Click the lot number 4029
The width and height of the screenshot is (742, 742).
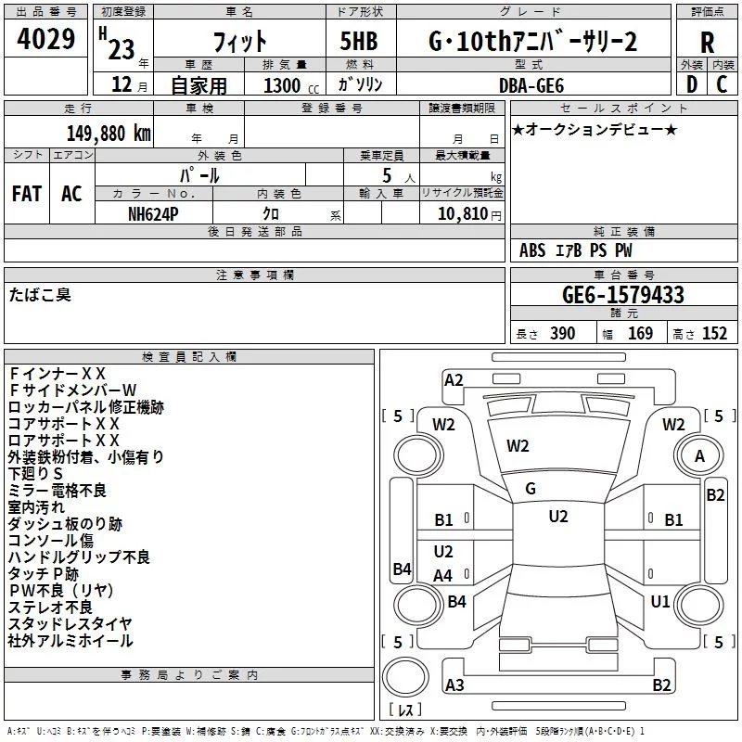click(x=46, y=41)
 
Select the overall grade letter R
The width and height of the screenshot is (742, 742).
click(x=707, y=42)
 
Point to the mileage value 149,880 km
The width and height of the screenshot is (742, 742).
click(x=109, y=133)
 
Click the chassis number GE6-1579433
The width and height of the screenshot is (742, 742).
click(x=623, y=295)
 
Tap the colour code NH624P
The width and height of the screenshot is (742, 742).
click(x=154, y=212)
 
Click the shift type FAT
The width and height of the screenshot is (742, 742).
click(x=26, y=194)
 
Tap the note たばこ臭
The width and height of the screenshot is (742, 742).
click(x=40, y=295)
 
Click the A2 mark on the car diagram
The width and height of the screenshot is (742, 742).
click(x=454, y=379)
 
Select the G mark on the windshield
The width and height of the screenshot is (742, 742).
click(x=531, y=488)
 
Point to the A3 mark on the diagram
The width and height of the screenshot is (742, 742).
click(x=454, y=684)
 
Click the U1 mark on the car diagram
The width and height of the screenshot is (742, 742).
click(x=660, y=602)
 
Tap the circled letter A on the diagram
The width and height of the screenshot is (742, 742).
click(x=699, y=456)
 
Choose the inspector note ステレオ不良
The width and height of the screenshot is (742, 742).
click(x=50, y=608)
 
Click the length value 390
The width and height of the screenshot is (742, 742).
click(x=563, y=334)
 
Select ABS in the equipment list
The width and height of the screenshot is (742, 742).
click(x=532, y=250)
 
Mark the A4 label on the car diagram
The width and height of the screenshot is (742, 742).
click(x=443, y=576)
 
